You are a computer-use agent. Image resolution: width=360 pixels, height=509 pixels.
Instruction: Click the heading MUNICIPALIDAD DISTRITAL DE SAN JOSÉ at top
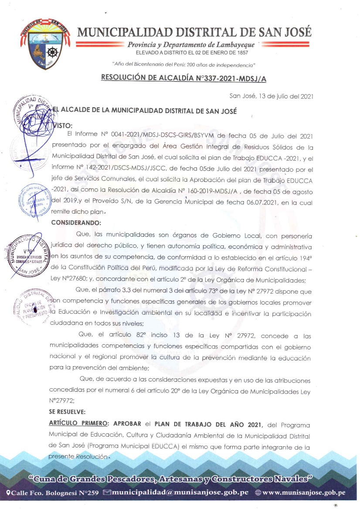click(x=194, y=32)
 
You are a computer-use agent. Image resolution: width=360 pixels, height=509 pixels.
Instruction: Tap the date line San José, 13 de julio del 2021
click(x=271, y=96)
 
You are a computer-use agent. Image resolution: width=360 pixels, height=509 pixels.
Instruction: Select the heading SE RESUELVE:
click(x=67, y=411)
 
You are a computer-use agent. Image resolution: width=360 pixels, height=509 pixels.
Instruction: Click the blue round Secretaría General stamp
click(x=34, y=200)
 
